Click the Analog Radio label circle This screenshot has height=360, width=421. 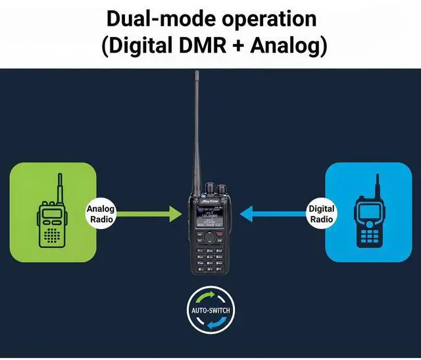point(101,213)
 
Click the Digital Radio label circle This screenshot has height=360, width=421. point(321,213)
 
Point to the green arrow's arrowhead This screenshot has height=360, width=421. point(174,213)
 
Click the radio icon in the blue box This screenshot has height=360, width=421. point(369,224)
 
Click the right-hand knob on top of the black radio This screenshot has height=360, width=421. point(222,189)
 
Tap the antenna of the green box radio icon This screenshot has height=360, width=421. point(59,188)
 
